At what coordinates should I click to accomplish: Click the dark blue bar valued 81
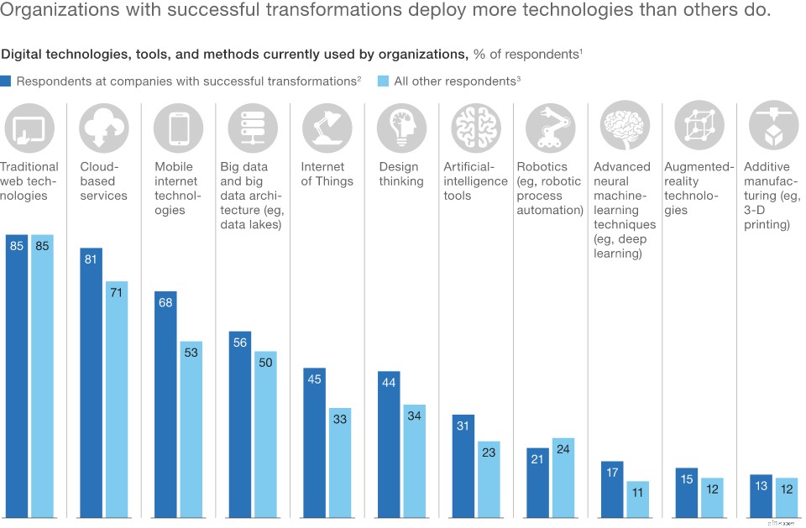coord(92,382)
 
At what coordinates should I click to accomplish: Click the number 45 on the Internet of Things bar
coord(314,379)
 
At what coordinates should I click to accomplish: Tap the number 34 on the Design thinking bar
coord(414,416)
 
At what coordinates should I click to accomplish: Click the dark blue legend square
coord(7,81)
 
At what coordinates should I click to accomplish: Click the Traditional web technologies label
coord(29,181)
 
